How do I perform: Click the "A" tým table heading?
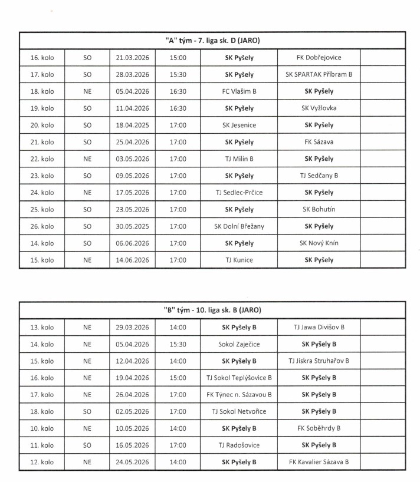pos(212,41)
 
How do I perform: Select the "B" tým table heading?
pos(212,310)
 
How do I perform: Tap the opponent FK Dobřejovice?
pos(319,58)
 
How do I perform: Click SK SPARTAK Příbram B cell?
pos(319,75)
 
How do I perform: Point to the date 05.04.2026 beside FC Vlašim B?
pos(132,91)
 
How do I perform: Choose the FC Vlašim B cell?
pos(239,91)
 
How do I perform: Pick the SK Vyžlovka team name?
pos(319,108)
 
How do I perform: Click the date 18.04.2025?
pos(132,126)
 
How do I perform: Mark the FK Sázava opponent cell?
pos(319,142)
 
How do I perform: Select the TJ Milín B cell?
pos(239,159)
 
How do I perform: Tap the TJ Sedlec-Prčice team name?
pos(239,193)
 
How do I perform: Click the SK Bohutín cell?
pos(319,210)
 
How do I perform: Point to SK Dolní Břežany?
pos(239,226)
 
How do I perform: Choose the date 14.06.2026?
pos(132,260)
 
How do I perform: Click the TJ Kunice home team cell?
pos(239,260)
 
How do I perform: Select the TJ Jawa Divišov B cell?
pos(319,327)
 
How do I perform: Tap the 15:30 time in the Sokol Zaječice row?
pos(178,344)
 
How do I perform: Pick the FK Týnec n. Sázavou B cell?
pos(239,395)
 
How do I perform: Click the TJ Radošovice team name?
pos(239,445)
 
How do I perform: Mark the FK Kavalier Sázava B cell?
pos(319,463)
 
